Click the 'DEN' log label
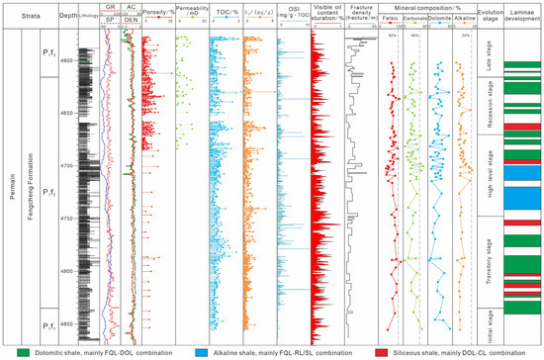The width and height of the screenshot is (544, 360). pyautogui.click(x=131, y=24)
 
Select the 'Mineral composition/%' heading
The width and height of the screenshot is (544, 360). pyautogui.click(x=429, y=8)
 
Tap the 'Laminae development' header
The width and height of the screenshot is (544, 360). pyautogui.click(x=523, y=16)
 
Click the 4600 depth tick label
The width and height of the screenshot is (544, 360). pyautogui.click(x=67, y=61)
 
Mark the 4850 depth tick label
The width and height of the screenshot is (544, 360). pyautogui.click(x=67, y=323)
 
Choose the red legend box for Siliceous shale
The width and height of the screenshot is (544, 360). pyautogui.click(x=371, y=351)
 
